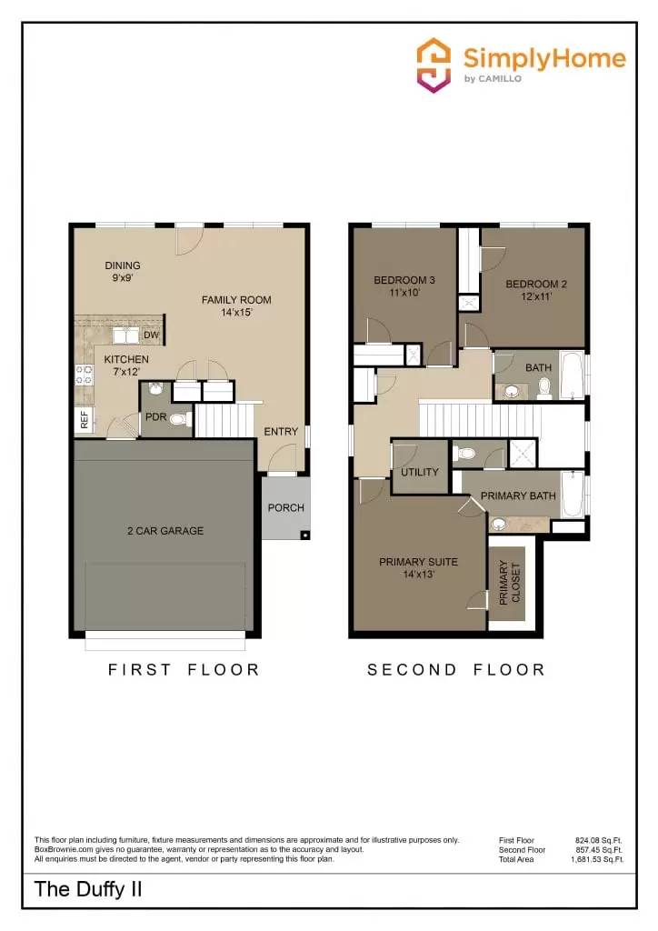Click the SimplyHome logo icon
tap(434, 65)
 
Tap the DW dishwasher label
tap(151, 335)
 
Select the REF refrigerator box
tap(85, 420)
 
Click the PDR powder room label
tap(155, 417)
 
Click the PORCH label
tap(286, 508)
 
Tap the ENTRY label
tap(281, 432)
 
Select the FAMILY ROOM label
tap(236, 300)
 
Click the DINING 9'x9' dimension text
tap(122, 278)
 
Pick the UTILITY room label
tap(420, 472)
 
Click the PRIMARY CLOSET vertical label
tap(504, 583)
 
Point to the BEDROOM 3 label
tap(404, 280)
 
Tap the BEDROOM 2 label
tap(536, 284)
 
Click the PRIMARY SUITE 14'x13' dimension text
tap(418, 574)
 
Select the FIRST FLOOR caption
tap(184, 670)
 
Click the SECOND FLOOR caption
tap(455, 670)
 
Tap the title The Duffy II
tap(88, 889)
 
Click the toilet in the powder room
tap(179, 420)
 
